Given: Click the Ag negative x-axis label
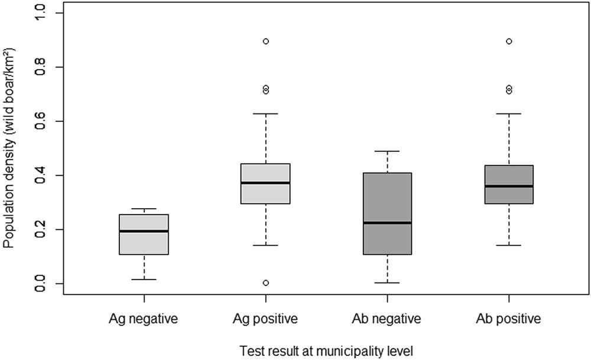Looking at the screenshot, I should [x=144, y=320].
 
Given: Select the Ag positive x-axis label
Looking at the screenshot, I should [x=265, y=320].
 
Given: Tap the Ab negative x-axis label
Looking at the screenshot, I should [x=387, y=320].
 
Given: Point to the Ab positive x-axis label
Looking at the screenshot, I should [x=508, y=320].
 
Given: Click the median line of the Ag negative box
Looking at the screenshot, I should [x=144, y=231].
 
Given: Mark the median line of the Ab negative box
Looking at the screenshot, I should [x=387, y=223].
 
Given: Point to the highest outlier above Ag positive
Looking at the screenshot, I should [x=266, y=41].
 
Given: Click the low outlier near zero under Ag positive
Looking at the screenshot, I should [x=266, y=283].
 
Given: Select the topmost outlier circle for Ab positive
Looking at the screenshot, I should [x=509, y=41].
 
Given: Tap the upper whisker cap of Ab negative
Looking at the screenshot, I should [x=387, y=151].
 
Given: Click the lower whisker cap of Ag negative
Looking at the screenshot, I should [x=144, y=279].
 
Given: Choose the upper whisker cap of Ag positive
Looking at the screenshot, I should [x=265, y=113].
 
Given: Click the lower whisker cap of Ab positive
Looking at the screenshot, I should [x=508, y=245].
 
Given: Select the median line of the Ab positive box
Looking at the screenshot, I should [x=508, y=186].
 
